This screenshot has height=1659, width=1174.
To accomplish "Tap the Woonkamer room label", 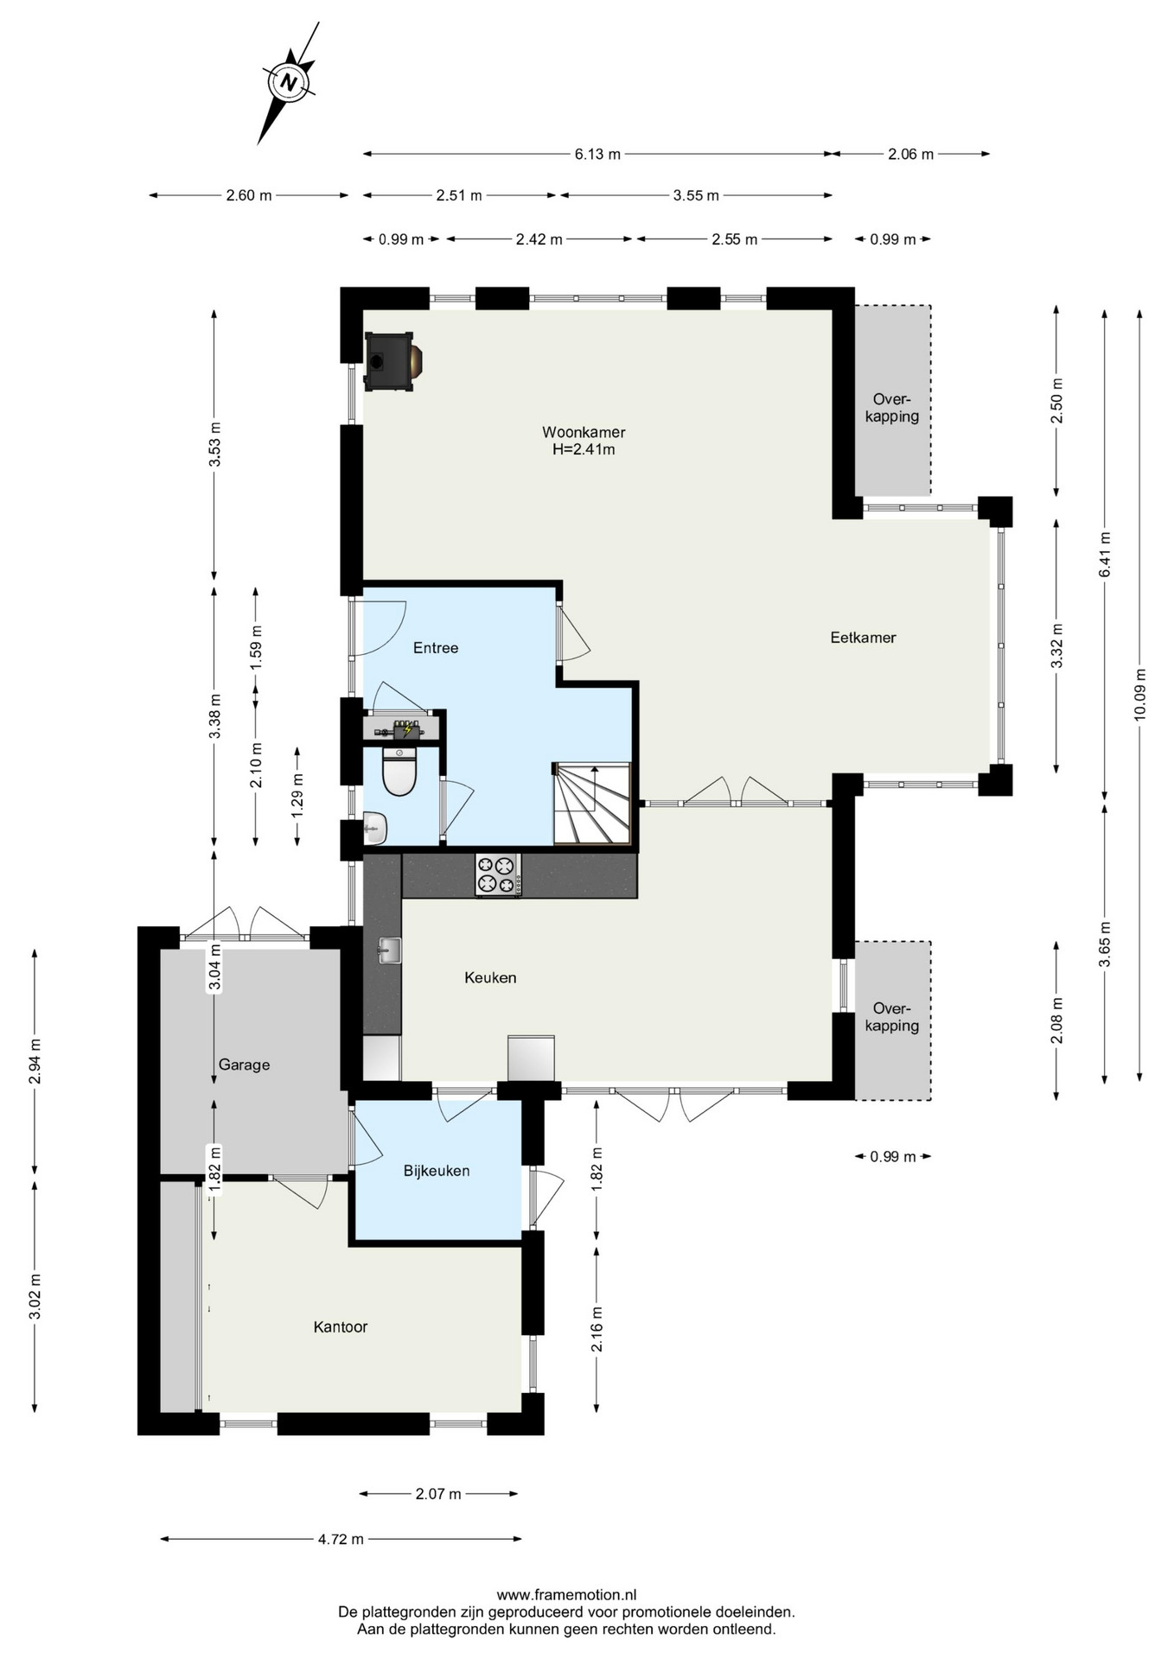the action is (584, 432).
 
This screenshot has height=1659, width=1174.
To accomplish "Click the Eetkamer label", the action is (863, 638).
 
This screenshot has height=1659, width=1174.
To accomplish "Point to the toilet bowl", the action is (399, 771).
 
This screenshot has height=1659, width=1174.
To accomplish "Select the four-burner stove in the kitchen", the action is (497, 874).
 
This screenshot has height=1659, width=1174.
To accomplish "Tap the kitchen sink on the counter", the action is (389, 950).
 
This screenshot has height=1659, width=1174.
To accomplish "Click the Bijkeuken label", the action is (437, 1172).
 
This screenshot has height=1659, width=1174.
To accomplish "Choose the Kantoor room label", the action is (341, 1327).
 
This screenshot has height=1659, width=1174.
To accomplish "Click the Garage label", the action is (244, 1065).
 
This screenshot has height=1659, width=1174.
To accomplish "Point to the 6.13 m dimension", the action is (597, 155).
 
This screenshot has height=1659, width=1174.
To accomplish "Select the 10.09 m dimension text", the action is (1139, 695).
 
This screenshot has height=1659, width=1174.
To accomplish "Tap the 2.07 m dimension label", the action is (438, 1494).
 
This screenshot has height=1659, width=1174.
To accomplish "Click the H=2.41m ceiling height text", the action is (584, 449).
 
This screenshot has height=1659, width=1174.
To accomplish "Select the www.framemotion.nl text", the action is (566, 1595).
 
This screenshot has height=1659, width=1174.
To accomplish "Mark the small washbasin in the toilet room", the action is (376, 829).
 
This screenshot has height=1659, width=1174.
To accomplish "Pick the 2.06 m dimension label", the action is (911, 155).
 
